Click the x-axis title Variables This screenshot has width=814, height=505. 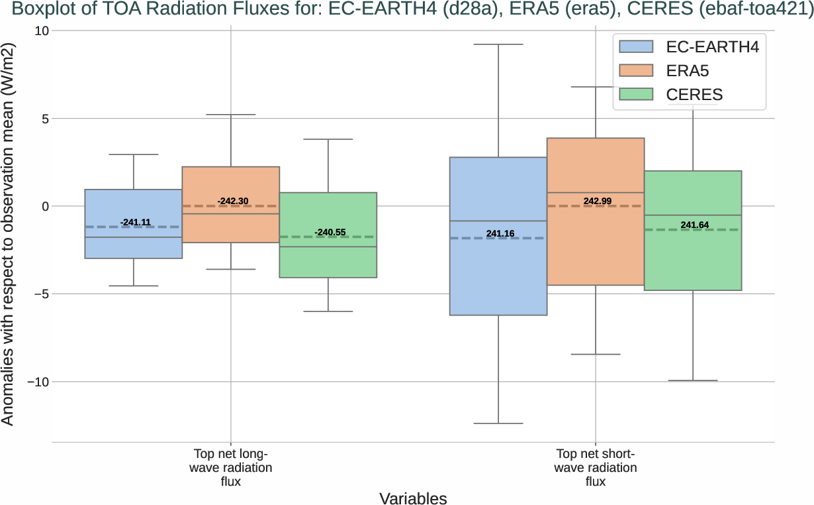(413, 498)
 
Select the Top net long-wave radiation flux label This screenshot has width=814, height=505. (230, 468)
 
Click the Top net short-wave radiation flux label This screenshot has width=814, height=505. (596, 468)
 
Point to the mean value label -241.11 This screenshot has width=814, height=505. (135, 222)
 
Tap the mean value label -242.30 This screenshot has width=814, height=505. (232, 200)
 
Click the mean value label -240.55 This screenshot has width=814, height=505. (330, 232)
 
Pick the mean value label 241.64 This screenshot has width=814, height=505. (694, 225)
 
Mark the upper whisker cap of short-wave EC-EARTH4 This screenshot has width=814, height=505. (498, 44)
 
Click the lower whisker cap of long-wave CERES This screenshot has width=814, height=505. (328, 311)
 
